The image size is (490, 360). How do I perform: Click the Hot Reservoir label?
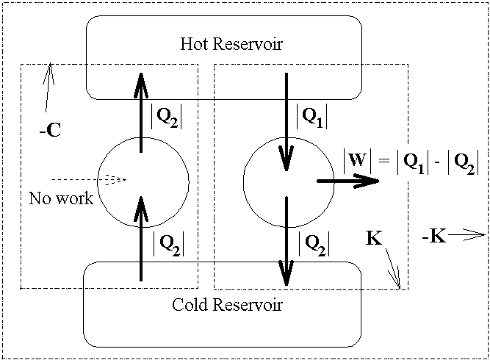pos(231,44)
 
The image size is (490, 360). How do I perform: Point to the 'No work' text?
pos(61,198)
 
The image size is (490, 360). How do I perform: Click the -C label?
pos(50,133)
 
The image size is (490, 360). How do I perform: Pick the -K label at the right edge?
pos(433,237)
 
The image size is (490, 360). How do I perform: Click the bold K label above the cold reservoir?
pos(374,240)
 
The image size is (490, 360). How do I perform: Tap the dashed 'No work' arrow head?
pos(115,179)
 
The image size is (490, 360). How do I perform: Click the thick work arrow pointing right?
pos(348,181)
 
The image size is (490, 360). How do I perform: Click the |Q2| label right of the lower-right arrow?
pos(313,241)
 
